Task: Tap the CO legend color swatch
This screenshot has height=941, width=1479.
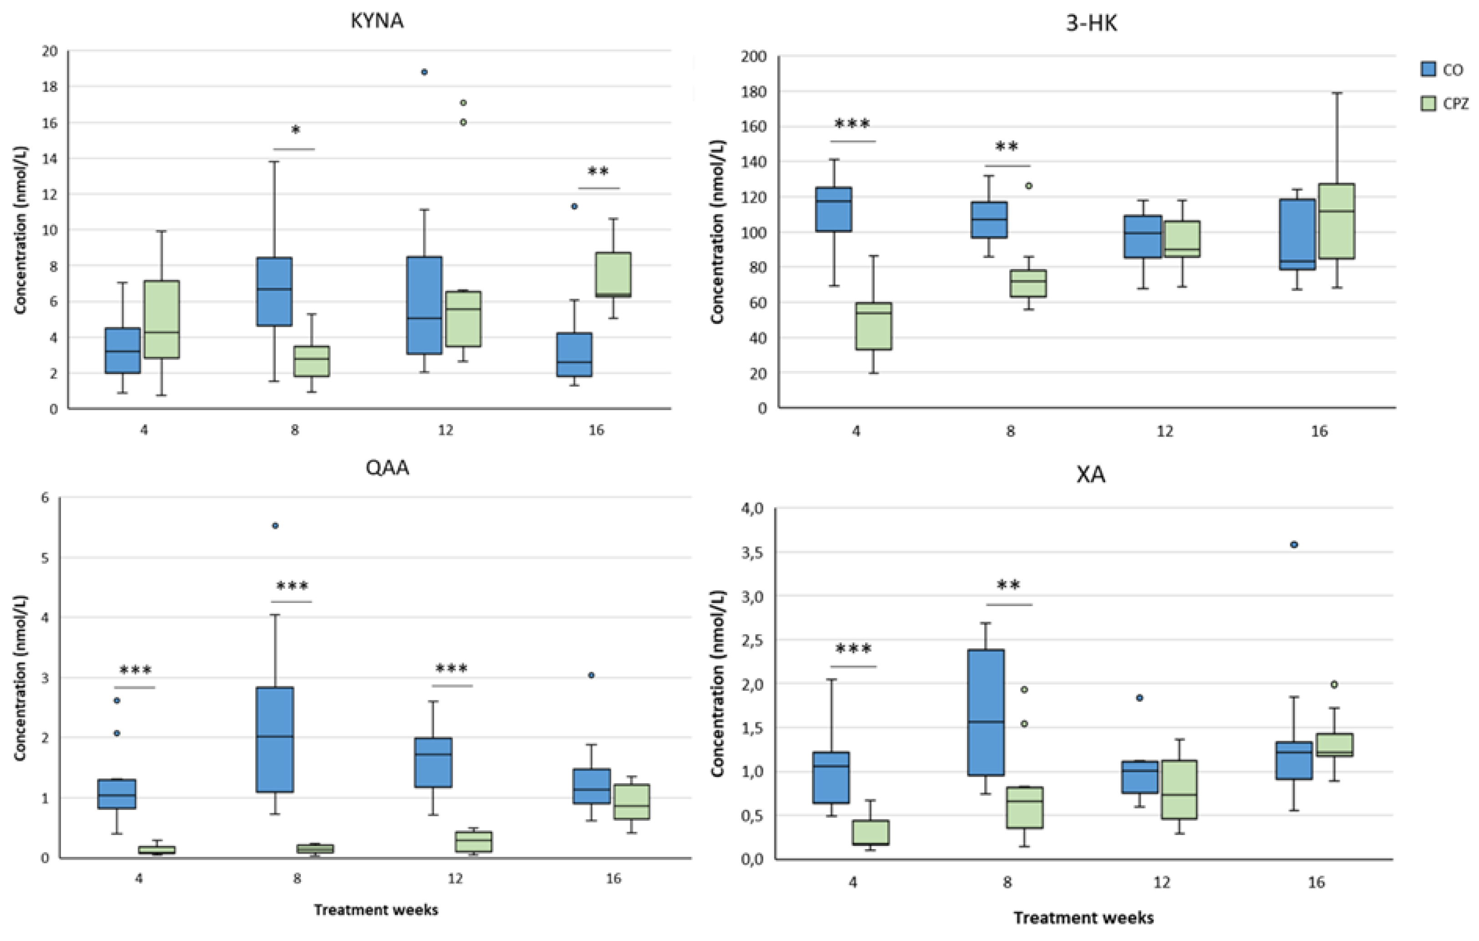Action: (x=1428, y=69)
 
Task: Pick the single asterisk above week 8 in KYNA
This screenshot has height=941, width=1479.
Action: (x=295, y=130)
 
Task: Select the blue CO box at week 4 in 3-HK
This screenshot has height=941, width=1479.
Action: (x=833, y=209)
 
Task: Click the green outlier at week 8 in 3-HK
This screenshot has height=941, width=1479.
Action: (x=1029, y=186)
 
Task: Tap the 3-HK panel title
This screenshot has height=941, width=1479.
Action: (x=1091, y=23)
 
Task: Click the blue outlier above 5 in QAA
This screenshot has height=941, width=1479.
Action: (x=275, y=526)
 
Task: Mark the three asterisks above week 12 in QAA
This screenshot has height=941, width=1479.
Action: (x=451, y=669)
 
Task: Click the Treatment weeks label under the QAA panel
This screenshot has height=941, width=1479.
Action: (x=376, y=910)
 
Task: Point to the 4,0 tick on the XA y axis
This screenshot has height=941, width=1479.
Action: (x=751, y=509)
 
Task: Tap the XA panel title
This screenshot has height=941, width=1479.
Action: (x=1091, y=475)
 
